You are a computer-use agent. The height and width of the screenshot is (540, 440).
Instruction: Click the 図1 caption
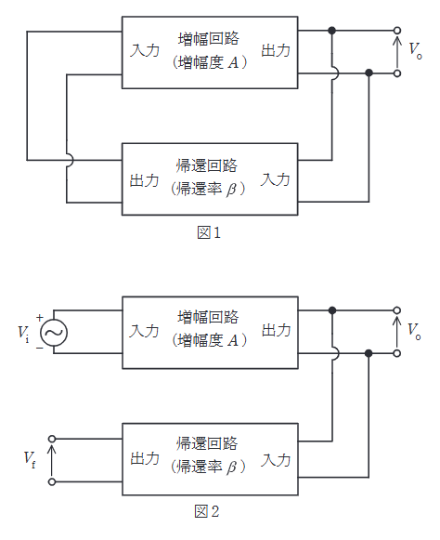point(209,233)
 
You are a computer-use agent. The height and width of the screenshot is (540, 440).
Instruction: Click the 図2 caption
point(209,512)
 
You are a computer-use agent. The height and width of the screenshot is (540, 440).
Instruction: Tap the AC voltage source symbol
point(54,332)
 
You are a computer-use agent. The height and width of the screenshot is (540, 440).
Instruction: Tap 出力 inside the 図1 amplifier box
point(276,49)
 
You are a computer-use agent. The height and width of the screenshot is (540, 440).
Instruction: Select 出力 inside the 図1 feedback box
point(146,179)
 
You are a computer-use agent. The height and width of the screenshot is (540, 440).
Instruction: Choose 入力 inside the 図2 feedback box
point(276,458)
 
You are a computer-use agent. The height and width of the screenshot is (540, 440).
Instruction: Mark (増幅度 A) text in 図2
point(210,340)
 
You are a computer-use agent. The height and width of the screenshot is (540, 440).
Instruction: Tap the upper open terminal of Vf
point(52,438)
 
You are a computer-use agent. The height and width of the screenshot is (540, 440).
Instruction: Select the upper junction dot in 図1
point(332,31)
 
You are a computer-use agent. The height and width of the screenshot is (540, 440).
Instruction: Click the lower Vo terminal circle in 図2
point(397,353)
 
